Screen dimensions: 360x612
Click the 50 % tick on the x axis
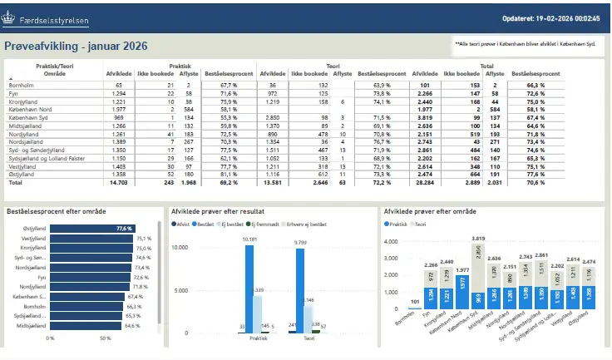(105, 339)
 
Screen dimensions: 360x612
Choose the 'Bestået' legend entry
(206, 224)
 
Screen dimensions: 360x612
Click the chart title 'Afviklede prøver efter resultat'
(223, 213)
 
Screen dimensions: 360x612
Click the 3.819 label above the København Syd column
(478, 239)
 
